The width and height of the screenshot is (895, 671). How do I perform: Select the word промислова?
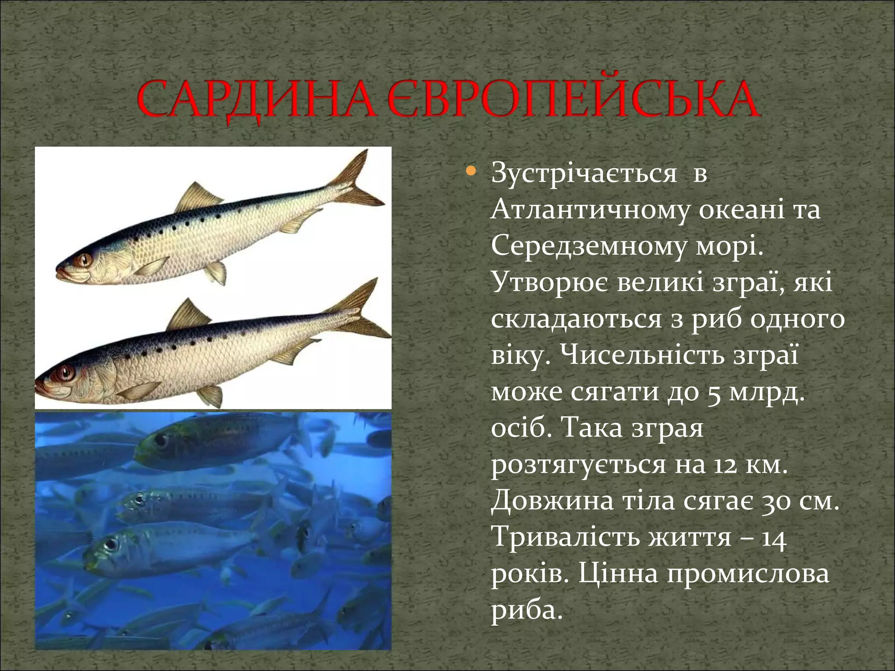click(x=747, y=574)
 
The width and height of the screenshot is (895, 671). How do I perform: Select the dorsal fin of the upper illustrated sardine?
click(x=197, y=197)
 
